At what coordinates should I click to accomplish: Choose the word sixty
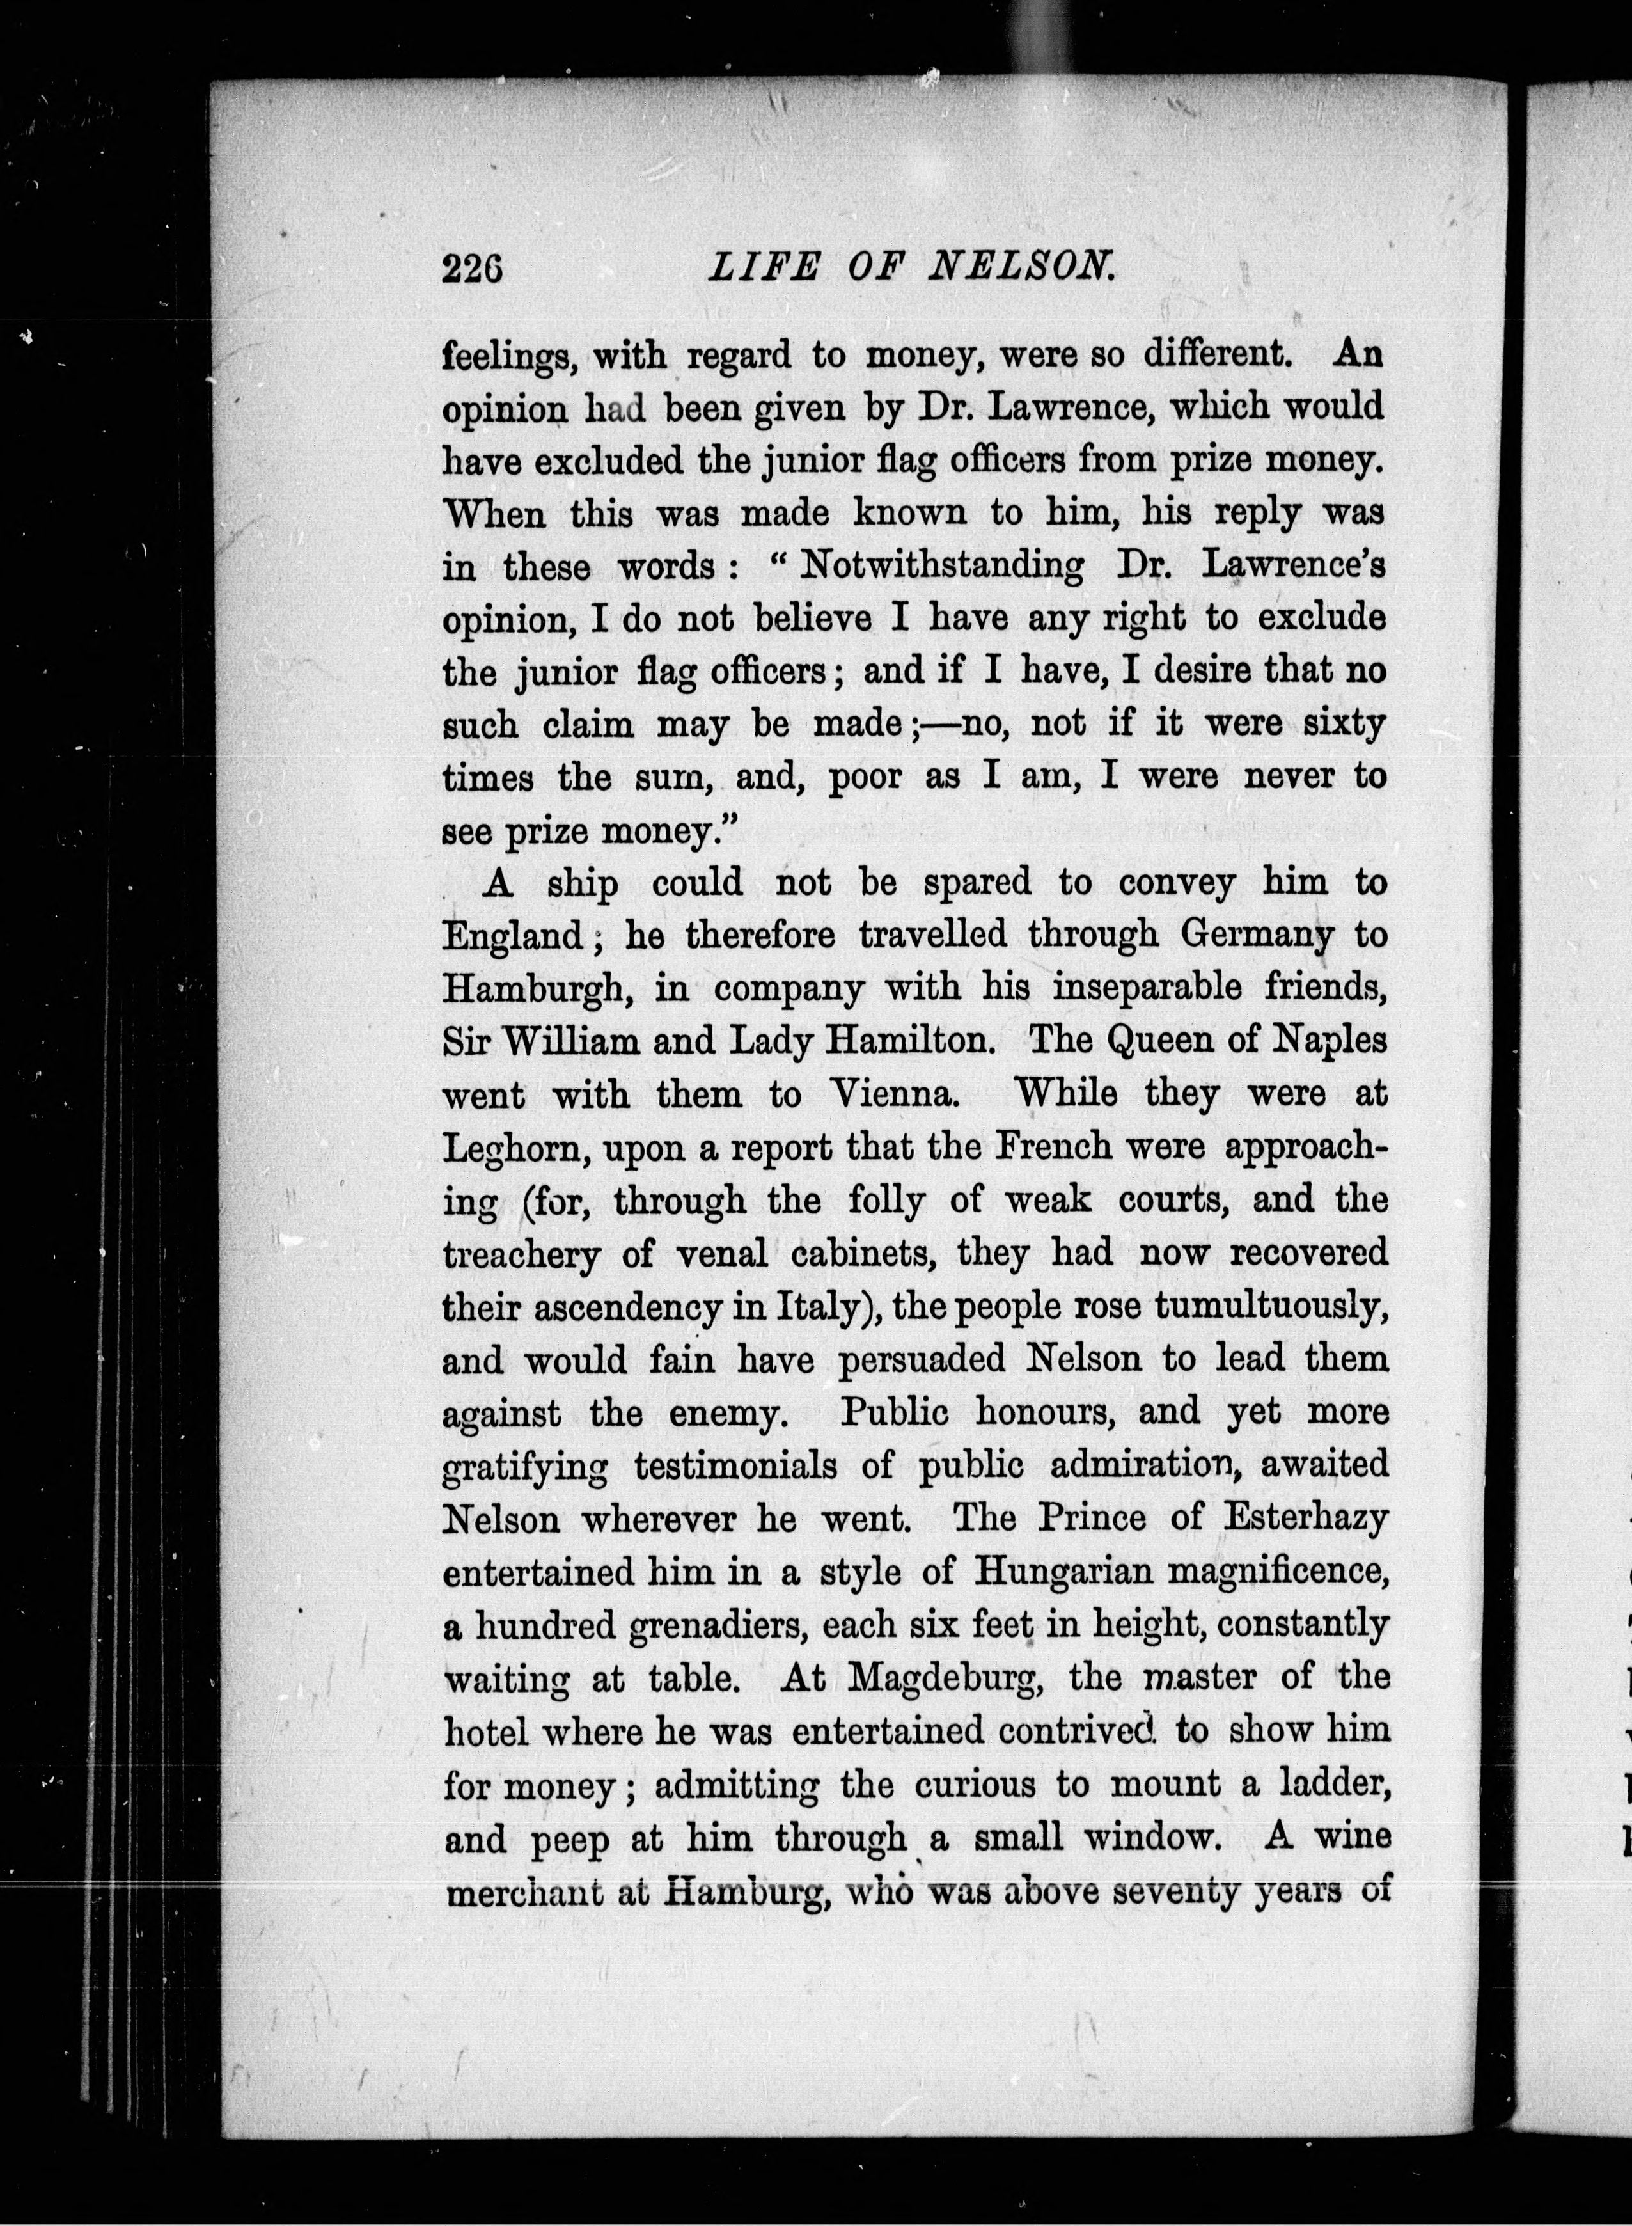1344,724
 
